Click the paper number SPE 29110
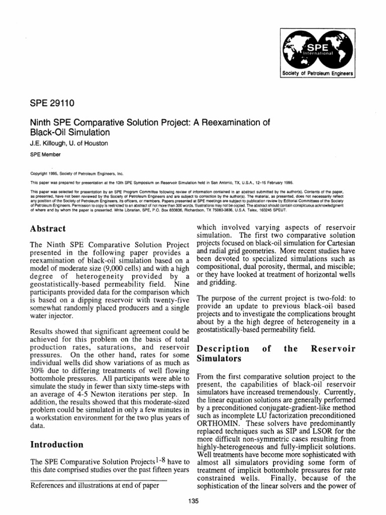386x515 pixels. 52,105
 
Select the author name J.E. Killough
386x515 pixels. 49,143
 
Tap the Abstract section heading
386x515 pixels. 48,228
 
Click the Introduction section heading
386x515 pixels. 57,444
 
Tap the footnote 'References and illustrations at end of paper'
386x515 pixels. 99,485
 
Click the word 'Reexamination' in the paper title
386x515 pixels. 241,123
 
